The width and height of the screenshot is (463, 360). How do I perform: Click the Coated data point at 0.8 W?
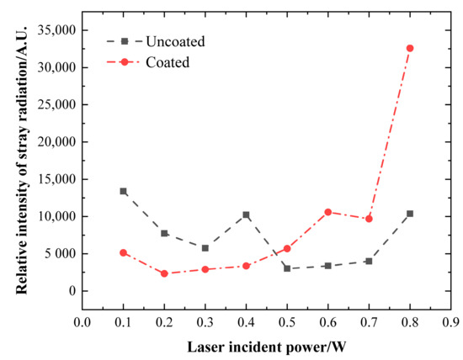point(410,48)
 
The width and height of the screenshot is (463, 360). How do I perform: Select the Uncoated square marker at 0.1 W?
point(123,191)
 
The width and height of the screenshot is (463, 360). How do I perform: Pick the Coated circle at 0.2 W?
point(164,273)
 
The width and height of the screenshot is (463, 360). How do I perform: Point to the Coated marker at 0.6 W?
point(327,212)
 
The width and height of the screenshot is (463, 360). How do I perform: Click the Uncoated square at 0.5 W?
point(286,268)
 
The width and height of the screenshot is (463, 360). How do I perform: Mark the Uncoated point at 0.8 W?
point(410,214)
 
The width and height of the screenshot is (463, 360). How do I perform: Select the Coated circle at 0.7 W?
point(369,219)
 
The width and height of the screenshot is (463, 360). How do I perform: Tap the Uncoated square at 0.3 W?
point(205,248)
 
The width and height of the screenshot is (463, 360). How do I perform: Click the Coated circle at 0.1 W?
point(123,252)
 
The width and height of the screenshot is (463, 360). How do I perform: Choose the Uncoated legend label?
point(174,40)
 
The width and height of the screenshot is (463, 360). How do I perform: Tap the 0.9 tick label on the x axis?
point(450,322)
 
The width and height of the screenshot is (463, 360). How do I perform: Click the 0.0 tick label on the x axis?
point(82,322)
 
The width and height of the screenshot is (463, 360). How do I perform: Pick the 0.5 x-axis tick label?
point(286,322)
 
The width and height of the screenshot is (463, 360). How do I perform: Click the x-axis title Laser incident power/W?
point(266,347)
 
